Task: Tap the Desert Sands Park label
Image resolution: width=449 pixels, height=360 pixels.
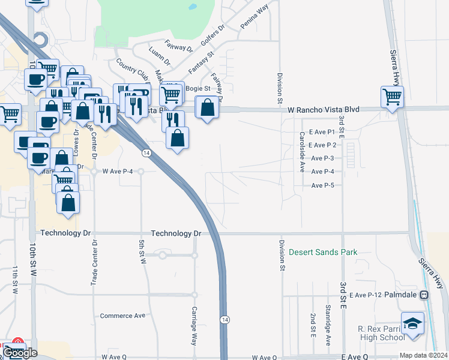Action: point(323,252)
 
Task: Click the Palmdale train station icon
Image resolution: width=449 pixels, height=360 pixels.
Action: point(424,295)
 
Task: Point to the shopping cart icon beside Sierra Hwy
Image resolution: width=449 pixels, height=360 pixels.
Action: point(392,96)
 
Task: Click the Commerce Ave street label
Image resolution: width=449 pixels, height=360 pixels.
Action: point(123,316)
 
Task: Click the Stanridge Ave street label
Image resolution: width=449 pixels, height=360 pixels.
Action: point(328,325)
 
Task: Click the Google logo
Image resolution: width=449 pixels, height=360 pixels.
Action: point(20,352)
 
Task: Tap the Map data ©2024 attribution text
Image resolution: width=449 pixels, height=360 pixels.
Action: point(423,355)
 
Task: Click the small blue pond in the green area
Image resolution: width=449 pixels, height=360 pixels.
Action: point(192,8)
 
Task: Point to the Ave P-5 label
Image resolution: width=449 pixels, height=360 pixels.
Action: point(323,185)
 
